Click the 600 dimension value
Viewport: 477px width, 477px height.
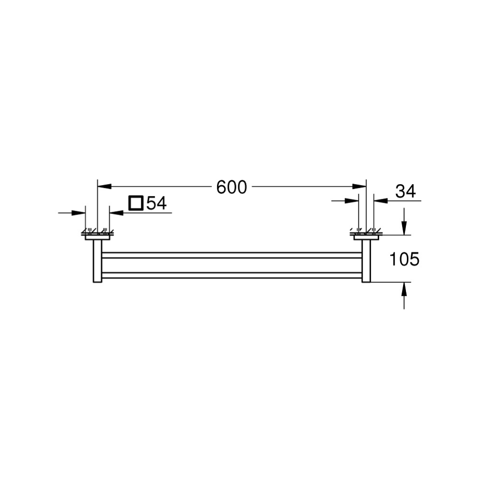231,187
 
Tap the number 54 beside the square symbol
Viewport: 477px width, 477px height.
156,203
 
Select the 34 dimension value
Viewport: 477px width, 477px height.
405,192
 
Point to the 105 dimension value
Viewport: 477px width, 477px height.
404,259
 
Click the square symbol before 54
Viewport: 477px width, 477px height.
135,203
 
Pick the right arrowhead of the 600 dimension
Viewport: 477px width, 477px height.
359,186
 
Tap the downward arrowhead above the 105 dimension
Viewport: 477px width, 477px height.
404,228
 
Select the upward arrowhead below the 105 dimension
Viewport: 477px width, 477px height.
404,290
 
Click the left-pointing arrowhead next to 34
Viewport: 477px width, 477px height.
381,201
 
